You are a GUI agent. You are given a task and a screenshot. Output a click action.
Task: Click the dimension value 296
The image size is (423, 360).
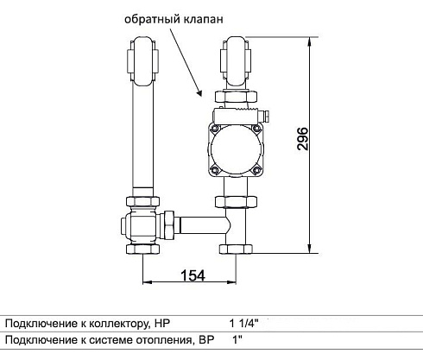coord(302,138)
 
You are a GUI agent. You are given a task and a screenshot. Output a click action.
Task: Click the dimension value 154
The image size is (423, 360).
coord(193,275)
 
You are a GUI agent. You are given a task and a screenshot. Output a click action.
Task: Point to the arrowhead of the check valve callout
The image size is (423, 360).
coord(199,92)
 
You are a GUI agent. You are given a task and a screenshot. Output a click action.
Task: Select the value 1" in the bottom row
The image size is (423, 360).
coord(237,340)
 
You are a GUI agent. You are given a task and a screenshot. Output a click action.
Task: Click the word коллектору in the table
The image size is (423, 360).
coord(119,324)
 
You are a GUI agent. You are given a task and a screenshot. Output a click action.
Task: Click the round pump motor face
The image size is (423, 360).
coord(236,149)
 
